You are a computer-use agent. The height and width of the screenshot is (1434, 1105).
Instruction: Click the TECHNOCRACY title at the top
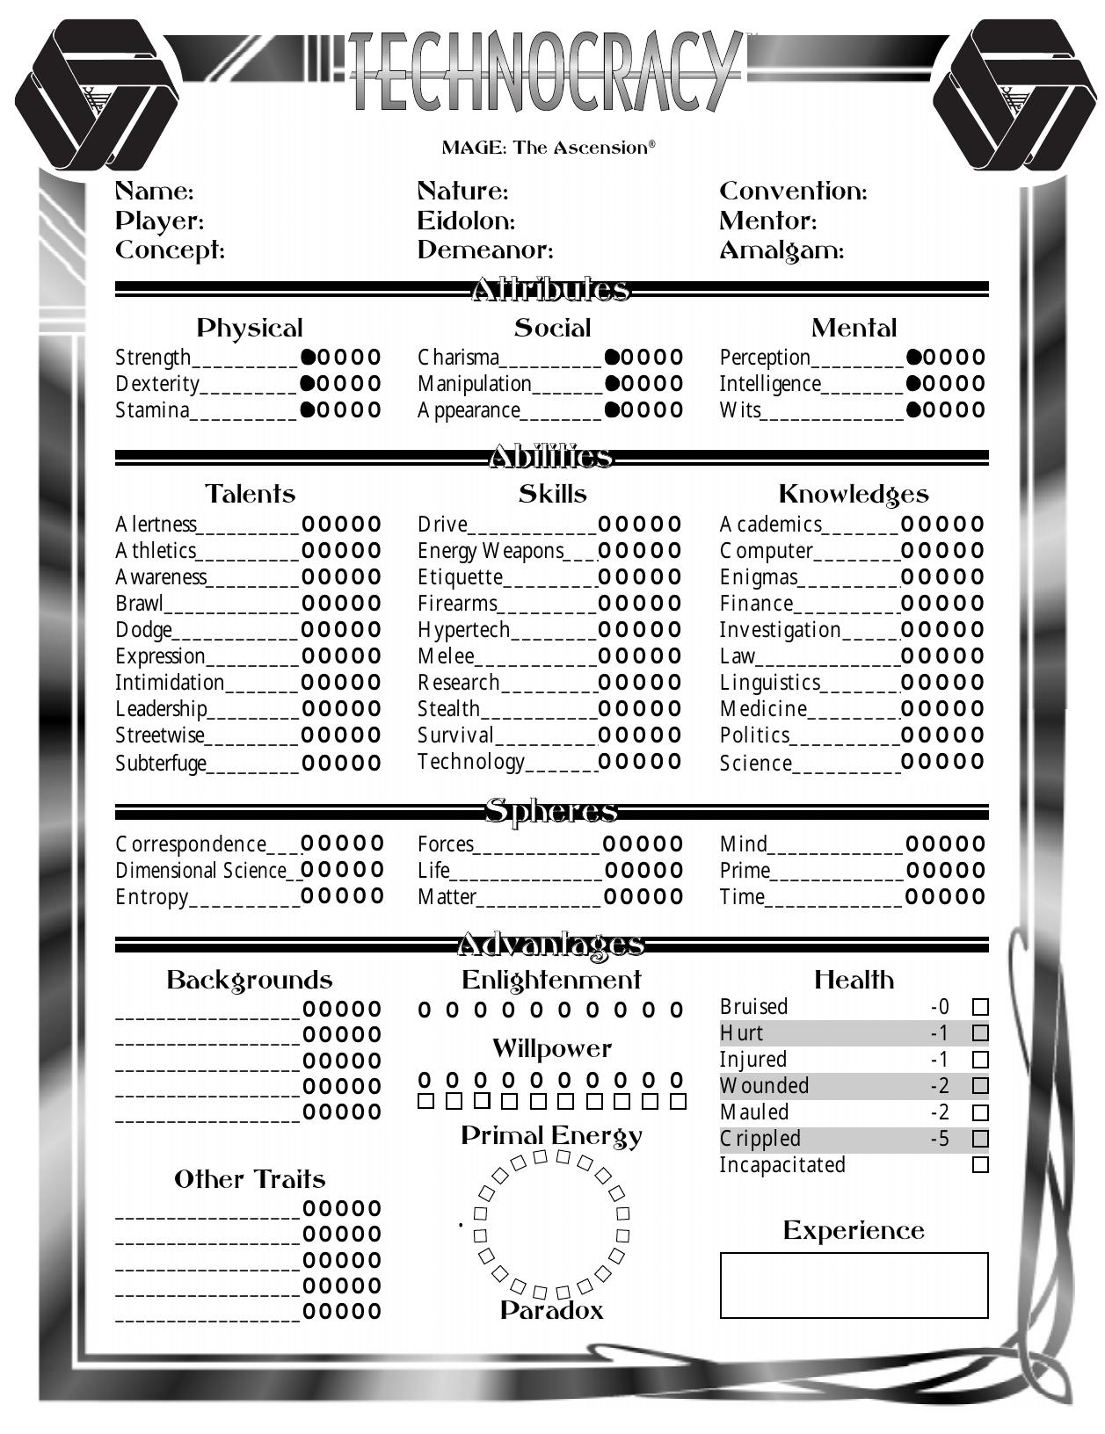click(545, 72)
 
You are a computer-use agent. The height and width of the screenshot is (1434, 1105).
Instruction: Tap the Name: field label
click(155, 192)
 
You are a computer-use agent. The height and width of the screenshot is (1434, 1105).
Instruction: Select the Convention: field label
click(793, 192)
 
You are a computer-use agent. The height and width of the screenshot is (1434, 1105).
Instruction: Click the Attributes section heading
click(551, 289)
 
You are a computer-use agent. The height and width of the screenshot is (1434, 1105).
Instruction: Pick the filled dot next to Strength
click(309, 358)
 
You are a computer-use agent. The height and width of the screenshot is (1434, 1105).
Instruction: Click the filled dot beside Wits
click(913, 410)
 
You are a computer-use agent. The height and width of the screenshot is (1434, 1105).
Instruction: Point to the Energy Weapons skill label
click(491, 551)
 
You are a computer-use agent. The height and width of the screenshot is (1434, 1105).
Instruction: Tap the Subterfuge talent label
click(161, 763)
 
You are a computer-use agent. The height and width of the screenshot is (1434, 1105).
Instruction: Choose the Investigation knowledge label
click(780, 630)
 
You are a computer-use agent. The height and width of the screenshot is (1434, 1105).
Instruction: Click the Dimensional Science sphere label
click(201, 871)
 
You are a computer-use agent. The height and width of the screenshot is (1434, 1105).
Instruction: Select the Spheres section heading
click(551, 811)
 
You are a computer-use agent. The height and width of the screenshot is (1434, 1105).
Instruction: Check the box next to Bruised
click(980, 1007)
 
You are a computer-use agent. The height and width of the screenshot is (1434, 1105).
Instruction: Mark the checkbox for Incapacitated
click(980, 1165)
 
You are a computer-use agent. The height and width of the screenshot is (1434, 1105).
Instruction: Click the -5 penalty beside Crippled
click(940, 1139)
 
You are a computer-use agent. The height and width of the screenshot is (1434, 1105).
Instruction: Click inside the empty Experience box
click(854, 1286)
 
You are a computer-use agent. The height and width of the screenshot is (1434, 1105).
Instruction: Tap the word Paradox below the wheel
click(551, 1311)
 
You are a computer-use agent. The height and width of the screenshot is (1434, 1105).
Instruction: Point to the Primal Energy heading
click(551, 1136)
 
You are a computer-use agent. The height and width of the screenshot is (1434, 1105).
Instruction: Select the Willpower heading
click(551, 1048)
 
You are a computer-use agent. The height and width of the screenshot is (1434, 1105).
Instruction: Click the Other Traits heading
click(250, 1179)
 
